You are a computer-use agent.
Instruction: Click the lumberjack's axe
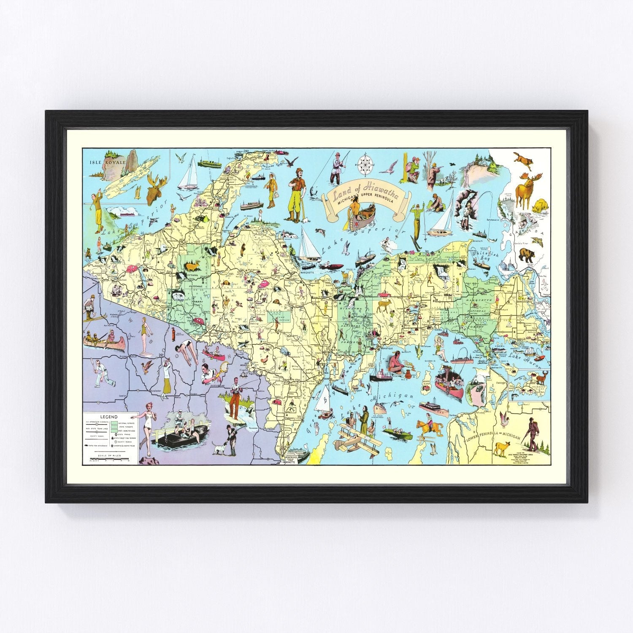click(303, 214)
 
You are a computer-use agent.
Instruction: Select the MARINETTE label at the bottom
click(292, 462)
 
